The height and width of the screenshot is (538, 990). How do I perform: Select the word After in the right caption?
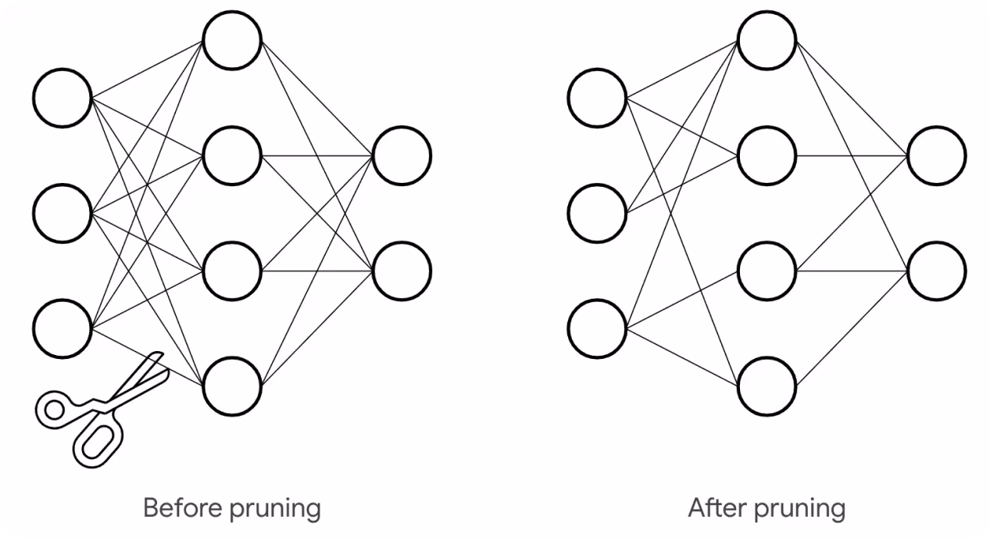point(718,508)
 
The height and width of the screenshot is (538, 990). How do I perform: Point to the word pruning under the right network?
point(799,509)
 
